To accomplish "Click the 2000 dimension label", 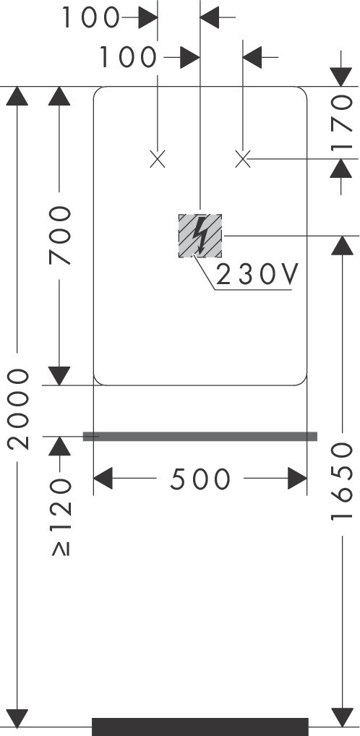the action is click(x=18, y=408).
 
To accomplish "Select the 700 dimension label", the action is click(x=59, y=235).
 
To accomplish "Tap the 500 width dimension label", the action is click(x=200, y=479).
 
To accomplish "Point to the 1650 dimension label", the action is click(x=342, y=482).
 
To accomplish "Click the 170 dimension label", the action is click(x=342, y=123).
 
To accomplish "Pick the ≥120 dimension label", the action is click(x=60, y=517).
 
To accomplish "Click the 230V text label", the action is click(x=257, y=275).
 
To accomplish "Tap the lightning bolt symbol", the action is click(x=201, y=235).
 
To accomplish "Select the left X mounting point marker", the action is click(x=158, y=160).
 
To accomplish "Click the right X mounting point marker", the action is click(x=243, y=160).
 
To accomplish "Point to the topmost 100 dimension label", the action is click(x=90, y=18).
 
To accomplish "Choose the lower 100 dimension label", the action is click(x=127, y=57).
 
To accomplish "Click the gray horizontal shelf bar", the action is click(x=200, y=437).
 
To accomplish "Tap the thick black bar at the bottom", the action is click(x=200, y=727).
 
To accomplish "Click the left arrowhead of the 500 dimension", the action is click(x=103, y=479).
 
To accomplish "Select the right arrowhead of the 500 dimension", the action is click(x=297, y=479).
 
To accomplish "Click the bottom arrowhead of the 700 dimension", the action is click(x=59, y=375).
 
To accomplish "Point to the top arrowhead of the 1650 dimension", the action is click(x=342, y=246).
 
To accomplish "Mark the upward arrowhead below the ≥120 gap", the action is click(x=59, y=446).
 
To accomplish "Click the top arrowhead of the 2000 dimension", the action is click(x=17, y=96).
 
